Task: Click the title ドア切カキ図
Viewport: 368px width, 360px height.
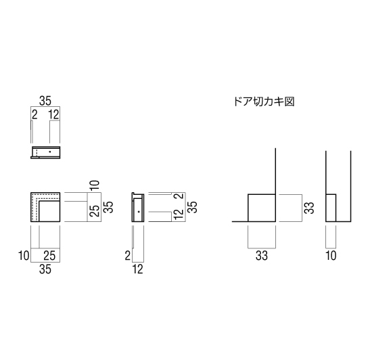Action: coord(264,102)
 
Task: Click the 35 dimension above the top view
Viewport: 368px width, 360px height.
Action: coord(45,101)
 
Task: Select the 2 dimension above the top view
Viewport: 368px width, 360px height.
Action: coord(34,114)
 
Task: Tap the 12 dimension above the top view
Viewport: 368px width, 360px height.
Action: coord(54,114)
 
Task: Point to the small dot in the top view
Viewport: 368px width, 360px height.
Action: coord(50,152)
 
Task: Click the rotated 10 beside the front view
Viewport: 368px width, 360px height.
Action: coord(95,185)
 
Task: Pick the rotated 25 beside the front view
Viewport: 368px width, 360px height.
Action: coord(95,210)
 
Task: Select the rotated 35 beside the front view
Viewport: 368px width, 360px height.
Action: coord(108,207)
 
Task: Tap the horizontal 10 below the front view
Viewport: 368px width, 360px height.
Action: coord(24,256)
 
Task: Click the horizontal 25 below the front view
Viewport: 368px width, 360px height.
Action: coord(49,256)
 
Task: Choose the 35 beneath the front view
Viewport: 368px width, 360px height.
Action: coord(45,269)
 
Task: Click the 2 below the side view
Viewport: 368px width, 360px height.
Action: coord(127,256)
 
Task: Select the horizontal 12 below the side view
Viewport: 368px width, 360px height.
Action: coord(138,269)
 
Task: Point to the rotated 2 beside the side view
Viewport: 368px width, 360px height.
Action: coord(180,196)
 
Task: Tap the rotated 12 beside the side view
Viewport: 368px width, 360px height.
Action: coord(179,214)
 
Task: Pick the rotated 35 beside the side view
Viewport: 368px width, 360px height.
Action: coord(192,207)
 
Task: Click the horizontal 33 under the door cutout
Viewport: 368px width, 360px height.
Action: coord(262,256)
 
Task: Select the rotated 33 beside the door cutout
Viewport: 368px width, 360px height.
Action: coord(309,208)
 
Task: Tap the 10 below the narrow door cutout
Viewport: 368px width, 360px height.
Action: coord(331,256)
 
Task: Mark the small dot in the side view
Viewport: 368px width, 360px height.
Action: coord(139,212)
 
